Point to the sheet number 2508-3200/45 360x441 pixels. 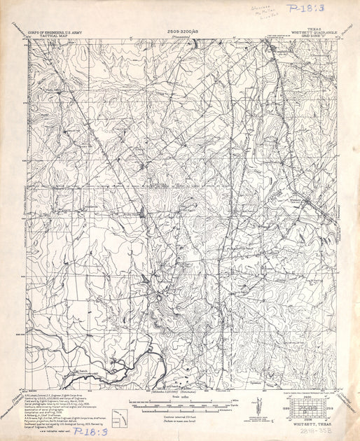click(181, 31)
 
